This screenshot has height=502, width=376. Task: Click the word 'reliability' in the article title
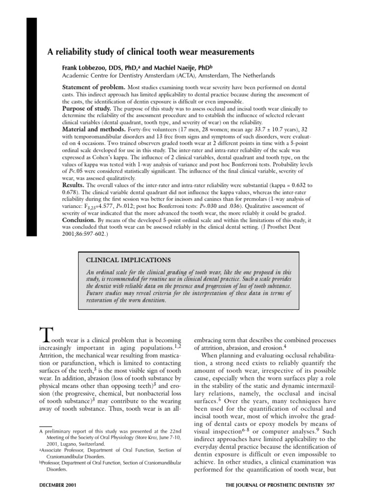(x=69, y=51)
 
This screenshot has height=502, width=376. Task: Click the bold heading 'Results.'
(x=73, y=186)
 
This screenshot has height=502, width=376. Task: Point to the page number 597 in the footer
(x=332, y=486)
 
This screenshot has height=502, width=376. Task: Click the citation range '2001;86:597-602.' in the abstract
(x=83, y=234)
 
